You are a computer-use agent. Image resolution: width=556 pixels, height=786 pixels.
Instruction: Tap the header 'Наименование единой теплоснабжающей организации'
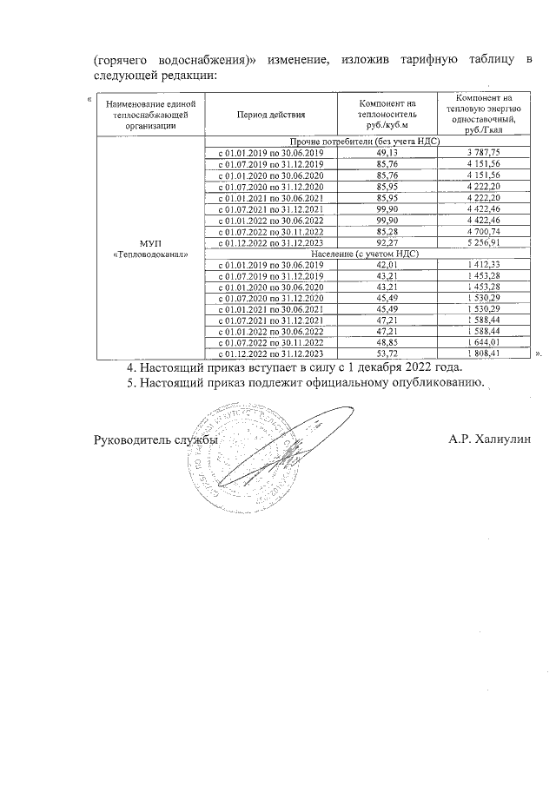pos(150,114)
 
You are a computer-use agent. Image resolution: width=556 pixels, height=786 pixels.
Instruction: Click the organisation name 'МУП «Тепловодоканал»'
pos(150,248)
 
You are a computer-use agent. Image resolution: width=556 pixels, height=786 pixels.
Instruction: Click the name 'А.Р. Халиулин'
pos(488,439)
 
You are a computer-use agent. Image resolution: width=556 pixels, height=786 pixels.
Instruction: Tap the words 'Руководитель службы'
pos(156,440)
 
